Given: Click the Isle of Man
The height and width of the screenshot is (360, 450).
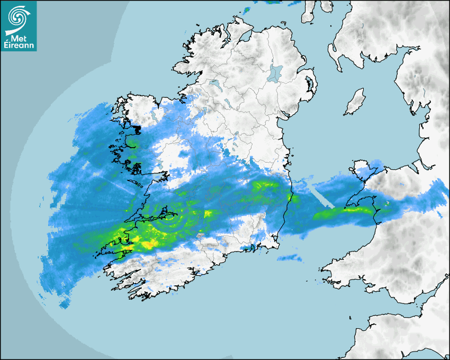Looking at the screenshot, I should [x=355, y=102].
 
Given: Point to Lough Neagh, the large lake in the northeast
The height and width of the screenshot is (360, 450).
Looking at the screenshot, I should [x=275, y=73].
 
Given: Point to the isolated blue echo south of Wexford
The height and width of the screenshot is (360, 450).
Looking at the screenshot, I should [x=289, y=258].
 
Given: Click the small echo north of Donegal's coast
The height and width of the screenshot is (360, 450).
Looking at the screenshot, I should [x=248, y=9].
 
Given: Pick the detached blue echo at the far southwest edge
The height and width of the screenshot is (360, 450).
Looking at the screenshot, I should [x=65, y=303].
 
